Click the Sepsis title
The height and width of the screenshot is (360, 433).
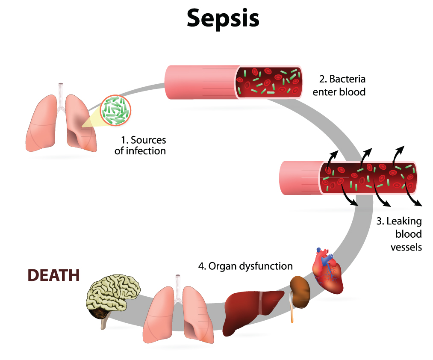click(223, 18)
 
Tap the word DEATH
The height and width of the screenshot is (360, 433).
click(53, 275)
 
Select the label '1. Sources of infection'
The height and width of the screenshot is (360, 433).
click(140, 145)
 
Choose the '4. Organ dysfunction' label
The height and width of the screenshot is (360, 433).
click(245, 266)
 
